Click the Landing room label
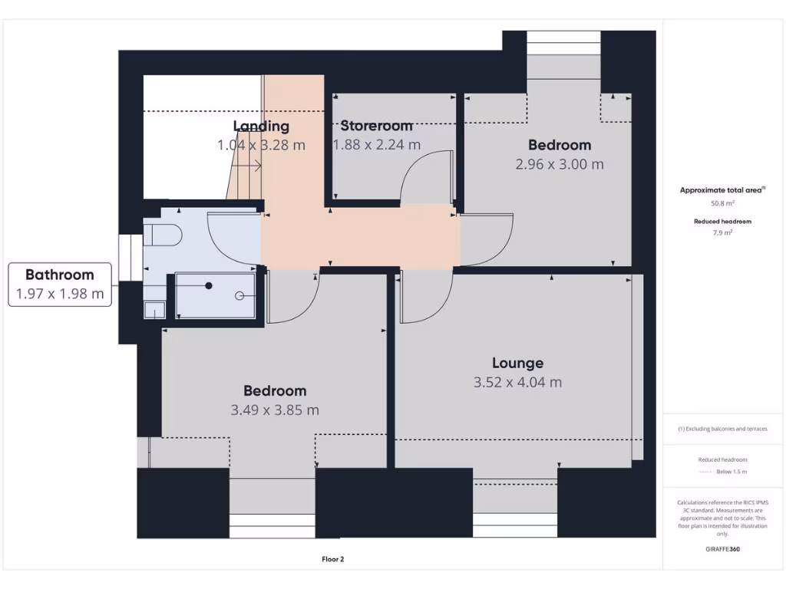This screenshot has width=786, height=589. pos(261,126)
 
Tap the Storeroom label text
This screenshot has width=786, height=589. pos(376,126)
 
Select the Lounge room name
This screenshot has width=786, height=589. pos(517,363)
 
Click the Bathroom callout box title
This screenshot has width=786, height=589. pos(60,275)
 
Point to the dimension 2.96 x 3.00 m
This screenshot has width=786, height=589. pos(559,164)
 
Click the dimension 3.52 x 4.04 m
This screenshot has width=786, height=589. pos(517,382)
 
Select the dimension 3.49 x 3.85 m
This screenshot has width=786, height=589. pos(275,410)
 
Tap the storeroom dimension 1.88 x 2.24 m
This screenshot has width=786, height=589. pos(376,145)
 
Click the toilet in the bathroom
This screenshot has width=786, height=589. pos(163,235)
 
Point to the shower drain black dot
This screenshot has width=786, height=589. pos(208,285)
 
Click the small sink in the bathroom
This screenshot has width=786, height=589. pos(154,310)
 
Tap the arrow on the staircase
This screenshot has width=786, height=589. pos(250,165)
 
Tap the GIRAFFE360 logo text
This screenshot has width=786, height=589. pos(722,549)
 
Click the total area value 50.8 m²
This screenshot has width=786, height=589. pos(722,203)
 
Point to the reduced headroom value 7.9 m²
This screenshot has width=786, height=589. pos(722,232)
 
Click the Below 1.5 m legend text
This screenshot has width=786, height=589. pos(732,472)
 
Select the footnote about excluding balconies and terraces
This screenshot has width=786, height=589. pos(722,429)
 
